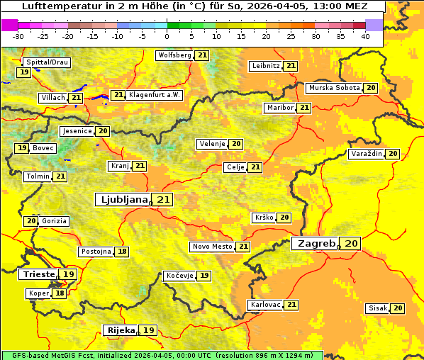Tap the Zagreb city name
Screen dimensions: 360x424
316,243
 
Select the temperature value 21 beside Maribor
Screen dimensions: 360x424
304,108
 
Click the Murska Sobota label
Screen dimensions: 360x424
333,88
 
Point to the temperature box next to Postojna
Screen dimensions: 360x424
123,252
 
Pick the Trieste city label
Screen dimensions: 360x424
39,274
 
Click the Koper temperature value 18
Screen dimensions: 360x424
60,293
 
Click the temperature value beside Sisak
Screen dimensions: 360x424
398,308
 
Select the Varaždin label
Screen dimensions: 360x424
366,154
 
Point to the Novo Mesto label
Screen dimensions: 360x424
212,247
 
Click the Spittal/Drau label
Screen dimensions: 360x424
47,62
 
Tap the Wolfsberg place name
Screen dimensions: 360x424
174,55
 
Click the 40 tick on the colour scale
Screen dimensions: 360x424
365,36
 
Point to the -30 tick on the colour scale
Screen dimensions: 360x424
18,36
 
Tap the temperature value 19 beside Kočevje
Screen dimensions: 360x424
204,276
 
